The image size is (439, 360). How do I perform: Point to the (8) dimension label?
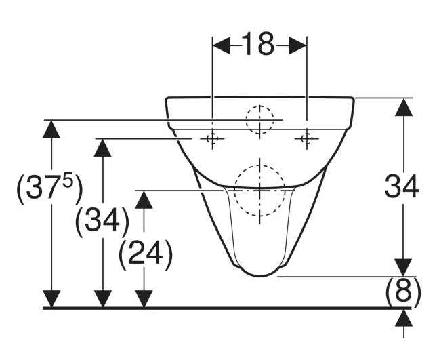[403, 292]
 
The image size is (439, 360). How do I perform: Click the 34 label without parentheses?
[402, 186]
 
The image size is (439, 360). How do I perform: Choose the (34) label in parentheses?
[102, 222]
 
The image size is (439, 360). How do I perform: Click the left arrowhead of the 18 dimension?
[222, 45]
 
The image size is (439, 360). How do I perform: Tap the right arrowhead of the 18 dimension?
[297, 45]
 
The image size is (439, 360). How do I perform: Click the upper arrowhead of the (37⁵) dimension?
[51, 129]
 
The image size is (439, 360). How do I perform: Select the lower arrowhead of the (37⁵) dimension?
[51, 299]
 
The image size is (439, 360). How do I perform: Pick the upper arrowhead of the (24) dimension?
[144, 200]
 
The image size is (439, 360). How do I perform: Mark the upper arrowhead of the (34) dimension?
[103, 148]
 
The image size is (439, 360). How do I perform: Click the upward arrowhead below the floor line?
[404, 318]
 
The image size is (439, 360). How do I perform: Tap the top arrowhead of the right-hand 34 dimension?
[404, 106]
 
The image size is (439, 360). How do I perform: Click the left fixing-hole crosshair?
[212, 138]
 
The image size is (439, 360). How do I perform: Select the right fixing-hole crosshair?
[307, 138]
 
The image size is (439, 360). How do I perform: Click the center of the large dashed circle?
[260, 191]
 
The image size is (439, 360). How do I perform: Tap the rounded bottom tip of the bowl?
[260, 276]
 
